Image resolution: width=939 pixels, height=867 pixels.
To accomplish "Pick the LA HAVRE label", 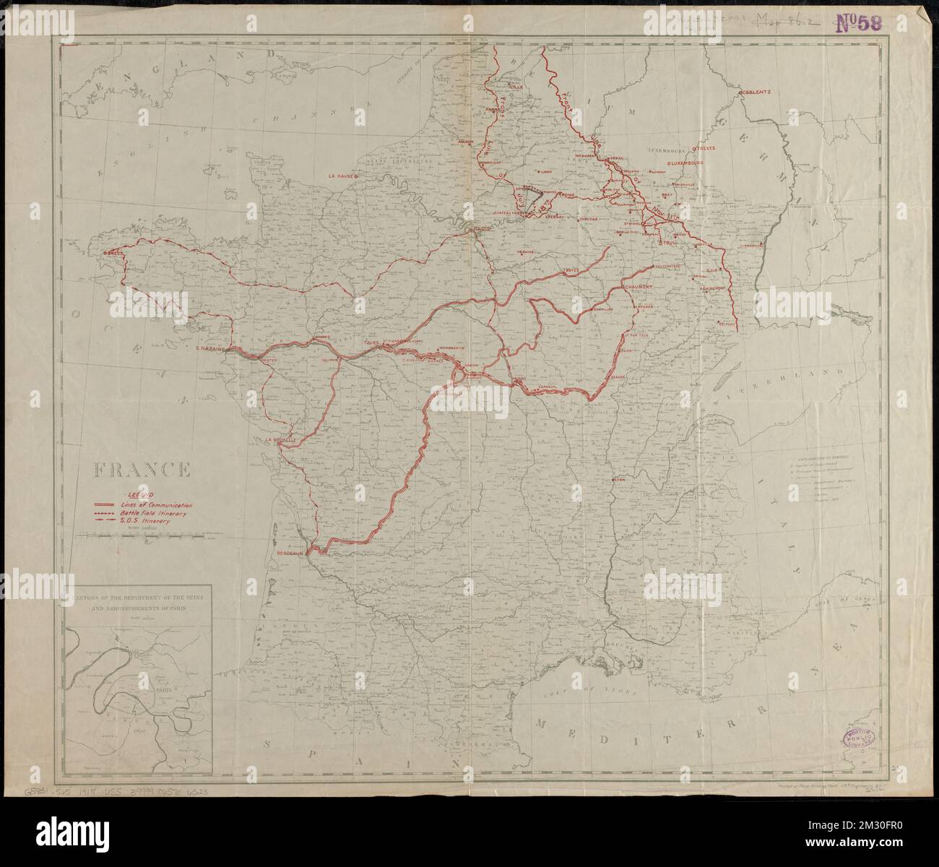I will [x=343, y=176].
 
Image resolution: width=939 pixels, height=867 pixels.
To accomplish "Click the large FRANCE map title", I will [x=141, y=471].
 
